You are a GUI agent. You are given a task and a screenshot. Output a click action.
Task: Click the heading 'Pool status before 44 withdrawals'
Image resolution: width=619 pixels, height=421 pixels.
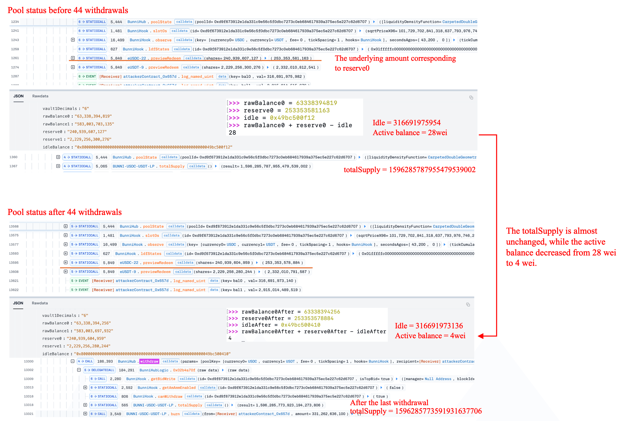click(x=68, y=10)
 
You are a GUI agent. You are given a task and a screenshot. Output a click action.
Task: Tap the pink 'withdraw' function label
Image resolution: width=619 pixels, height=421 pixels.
click(x=149, y=361)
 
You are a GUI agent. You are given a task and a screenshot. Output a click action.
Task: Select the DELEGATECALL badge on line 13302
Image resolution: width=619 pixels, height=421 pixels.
click(x=99, y=370)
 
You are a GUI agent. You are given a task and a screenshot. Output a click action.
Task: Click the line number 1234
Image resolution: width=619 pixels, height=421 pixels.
click(x=15, y=21)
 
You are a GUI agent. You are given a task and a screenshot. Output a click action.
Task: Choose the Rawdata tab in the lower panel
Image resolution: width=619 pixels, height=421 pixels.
click(x=40, y=303)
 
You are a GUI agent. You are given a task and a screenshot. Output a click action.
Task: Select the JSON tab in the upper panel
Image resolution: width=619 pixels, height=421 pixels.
click(x=18, y=96)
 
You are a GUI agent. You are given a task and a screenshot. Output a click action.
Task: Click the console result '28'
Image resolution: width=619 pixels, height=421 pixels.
click(x=232, y=132)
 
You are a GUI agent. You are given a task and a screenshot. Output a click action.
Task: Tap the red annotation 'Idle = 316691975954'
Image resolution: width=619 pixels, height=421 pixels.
click(x=407, y=123)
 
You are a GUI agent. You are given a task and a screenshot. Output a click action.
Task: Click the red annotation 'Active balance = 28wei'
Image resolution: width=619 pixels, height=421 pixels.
click(x=410, y=133)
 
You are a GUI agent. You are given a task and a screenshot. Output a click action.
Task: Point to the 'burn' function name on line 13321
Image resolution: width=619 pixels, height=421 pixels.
click(x=175, y=414)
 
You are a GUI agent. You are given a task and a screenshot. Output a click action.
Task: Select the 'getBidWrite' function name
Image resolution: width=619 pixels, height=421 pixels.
click(x=163, y=379)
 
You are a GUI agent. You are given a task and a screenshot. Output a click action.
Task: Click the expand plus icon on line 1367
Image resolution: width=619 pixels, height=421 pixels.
click(x=58, y=166)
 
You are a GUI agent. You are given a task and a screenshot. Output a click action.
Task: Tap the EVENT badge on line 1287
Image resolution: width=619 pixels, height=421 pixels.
click(x=87, y=77)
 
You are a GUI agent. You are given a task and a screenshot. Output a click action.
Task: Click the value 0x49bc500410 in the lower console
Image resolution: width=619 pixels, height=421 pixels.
click(x=300, y=325)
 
